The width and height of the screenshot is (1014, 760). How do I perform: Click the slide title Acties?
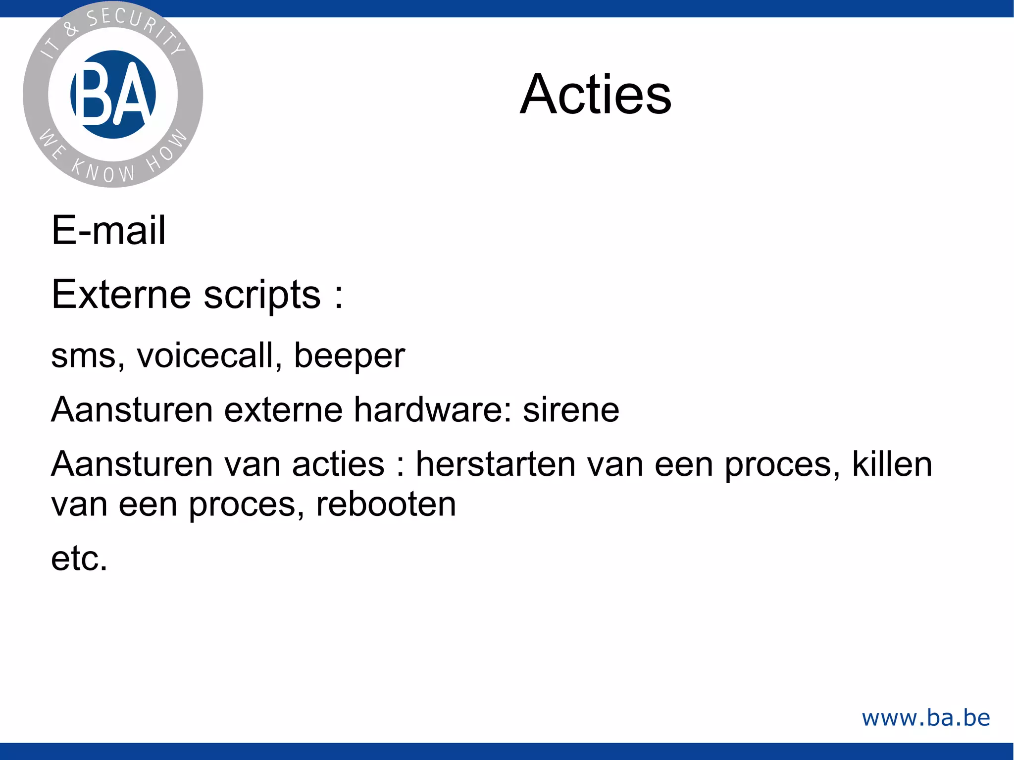[x=596, y=94]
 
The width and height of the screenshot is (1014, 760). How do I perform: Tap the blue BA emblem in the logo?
[x=113, y=94]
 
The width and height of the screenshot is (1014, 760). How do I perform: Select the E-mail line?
[x=108, y=230]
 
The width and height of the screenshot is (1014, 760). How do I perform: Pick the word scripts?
[x=262, y=295]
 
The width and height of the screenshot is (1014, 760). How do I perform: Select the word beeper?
[x=350, y=356]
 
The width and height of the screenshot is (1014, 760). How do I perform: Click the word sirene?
[x=571, y=410]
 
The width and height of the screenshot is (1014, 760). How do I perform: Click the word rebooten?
[x=386, y=504]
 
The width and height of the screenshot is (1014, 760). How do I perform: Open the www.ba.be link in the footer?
[x=926, y=718]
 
